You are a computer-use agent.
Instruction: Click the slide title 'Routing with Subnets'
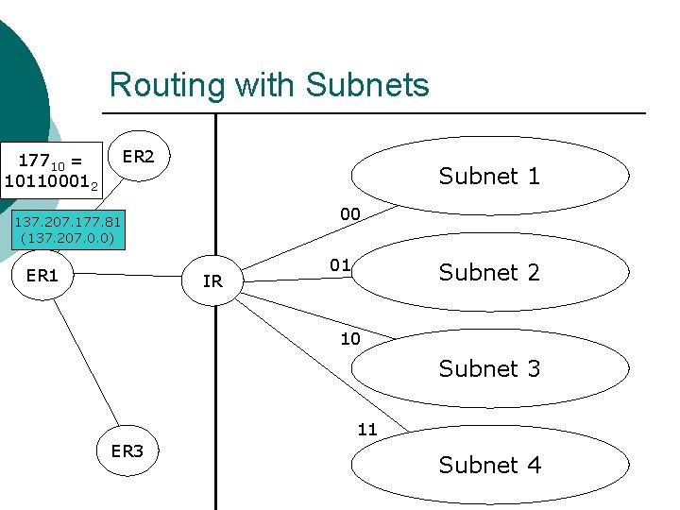(269, 85)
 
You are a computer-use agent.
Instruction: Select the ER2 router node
(139, 157)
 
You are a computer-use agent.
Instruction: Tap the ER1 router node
(43, 276)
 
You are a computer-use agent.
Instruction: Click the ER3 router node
(127, 450)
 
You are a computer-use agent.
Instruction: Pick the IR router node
(212, 280)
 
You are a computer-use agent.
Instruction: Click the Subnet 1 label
(489, 176)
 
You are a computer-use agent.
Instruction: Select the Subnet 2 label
(489, 272)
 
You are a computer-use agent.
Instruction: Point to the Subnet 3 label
(489, 368)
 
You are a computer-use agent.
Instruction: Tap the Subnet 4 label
(489, 465)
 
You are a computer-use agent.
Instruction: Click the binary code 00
(350, 214)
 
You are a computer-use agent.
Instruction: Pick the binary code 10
(350, 339)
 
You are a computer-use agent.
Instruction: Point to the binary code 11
(367, 430)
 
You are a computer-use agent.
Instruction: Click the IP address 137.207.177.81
(67, 223)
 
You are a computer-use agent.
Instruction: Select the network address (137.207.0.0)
(67, 238)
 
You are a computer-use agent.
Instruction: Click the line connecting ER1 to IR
(132, 275)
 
